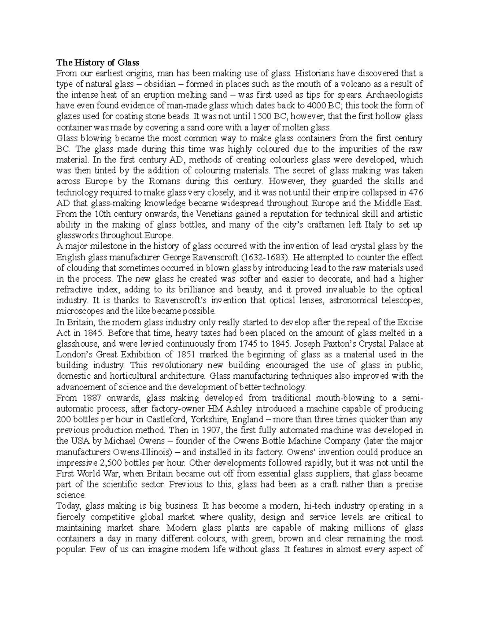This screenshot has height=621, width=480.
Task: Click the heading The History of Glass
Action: point(97,62)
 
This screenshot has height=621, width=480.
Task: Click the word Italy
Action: point(375,225)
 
